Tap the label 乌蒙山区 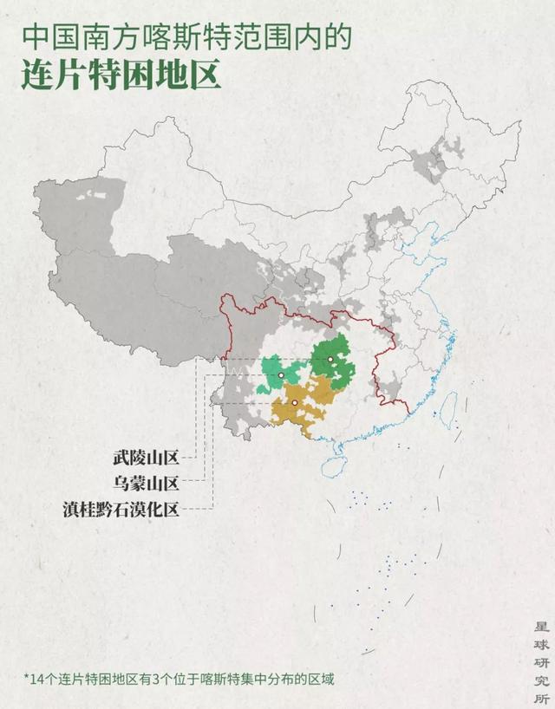(144, 483)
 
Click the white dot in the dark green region (330, 359)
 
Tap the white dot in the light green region (281, 375)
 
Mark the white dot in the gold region (295, 403)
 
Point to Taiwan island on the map (447, 409)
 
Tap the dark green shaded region (333, 364)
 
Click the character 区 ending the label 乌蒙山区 (171, 483)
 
